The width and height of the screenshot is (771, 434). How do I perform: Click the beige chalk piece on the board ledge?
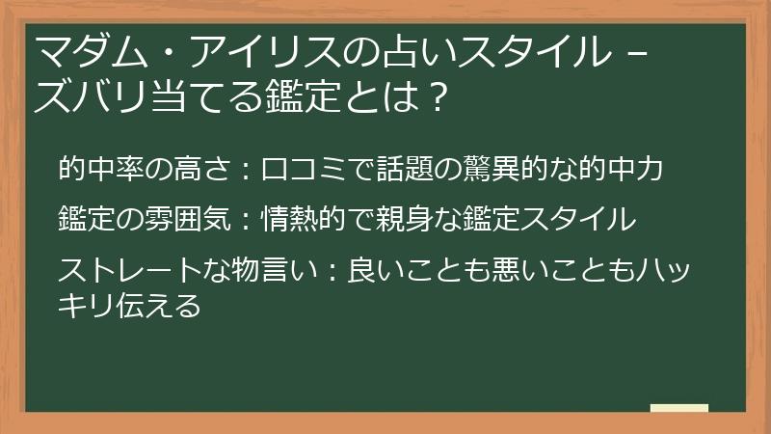[x=679, y=409]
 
